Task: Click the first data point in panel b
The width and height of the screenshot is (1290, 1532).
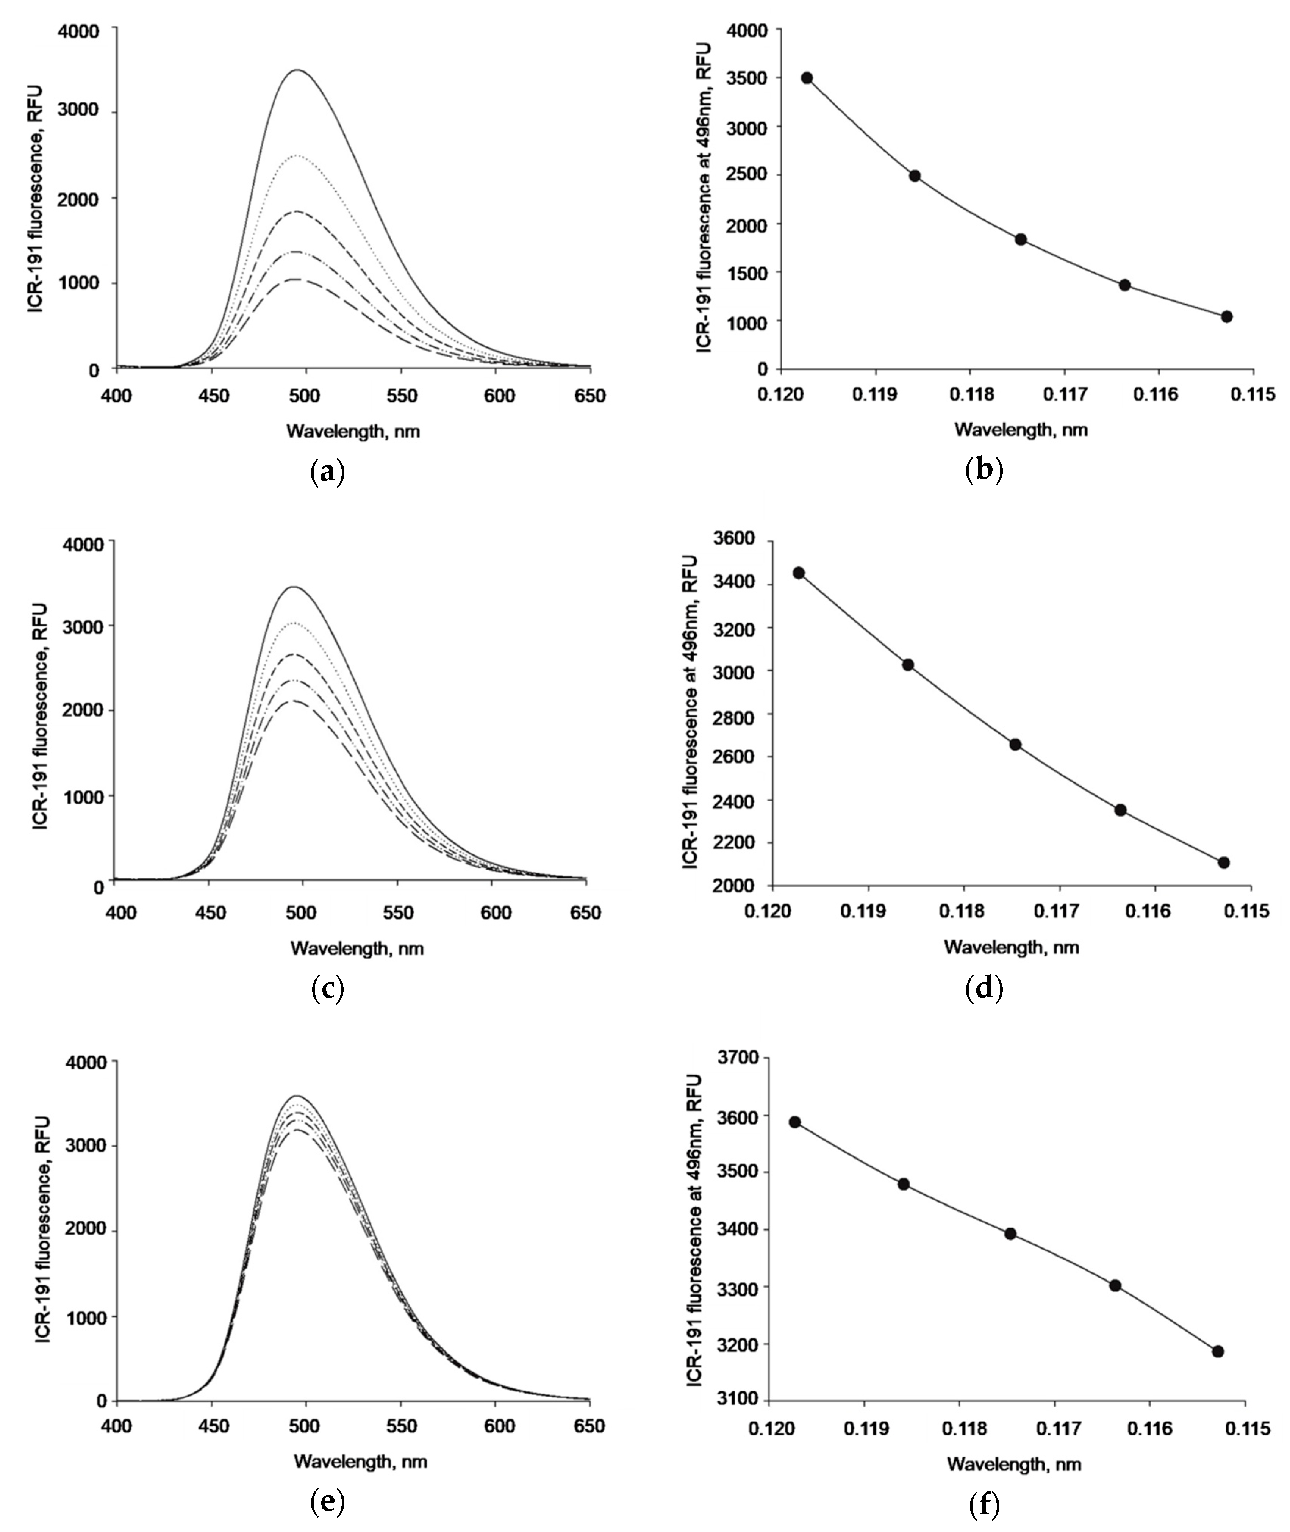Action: point(807,78)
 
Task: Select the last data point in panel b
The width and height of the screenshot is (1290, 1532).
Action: point(1226,317)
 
